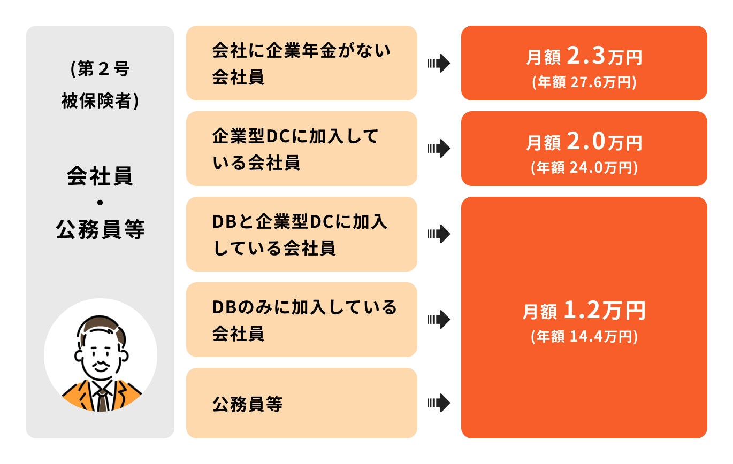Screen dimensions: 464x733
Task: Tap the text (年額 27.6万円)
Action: click(584, 83)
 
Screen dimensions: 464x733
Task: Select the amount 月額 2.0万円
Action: click(584, 142)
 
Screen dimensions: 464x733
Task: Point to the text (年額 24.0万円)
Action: click(584, 168)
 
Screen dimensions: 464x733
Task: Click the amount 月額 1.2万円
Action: click(584, 311)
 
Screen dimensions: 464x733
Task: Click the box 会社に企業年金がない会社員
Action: click(301, 63)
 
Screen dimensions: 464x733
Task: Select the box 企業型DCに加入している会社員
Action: click(301, 149)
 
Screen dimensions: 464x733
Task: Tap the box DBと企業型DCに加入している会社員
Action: click(301, 234)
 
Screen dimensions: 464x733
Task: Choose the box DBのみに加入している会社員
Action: click(301, 320)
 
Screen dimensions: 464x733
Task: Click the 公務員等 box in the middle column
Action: click(301, 403)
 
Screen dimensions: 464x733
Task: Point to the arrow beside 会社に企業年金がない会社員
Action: click(439, 64)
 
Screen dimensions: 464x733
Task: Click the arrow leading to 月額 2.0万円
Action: click(439, 149)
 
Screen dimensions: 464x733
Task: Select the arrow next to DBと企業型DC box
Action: click(439, 234)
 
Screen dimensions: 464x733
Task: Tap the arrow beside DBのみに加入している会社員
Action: click(439, 320)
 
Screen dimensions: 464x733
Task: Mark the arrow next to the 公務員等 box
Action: click(439, 403)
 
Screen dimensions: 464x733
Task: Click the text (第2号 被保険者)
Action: click(100, 85)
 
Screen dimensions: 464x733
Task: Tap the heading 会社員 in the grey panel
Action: click(100, 176)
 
